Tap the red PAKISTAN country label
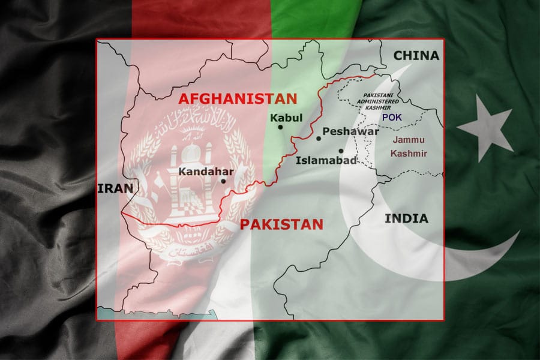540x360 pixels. [x=281, y=224]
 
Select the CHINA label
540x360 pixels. [x=416, y=56]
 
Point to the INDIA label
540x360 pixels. [x=406, y=218]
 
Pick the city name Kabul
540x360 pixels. [x=286, y=118]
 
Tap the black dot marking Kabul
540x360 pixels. [x=280, y=127]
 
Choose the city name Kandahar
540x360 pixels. [x=206, y=171]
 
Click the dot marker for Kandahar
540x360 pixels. [x=223, y=181]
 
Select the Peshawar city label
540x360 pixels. [x=350, y=131]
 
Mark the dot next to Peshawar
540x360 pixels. [x=319, y=139]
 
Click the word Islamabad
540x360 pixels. [x=326, y=160]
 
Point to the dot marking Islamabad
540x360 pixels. [x=341, y=151]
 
